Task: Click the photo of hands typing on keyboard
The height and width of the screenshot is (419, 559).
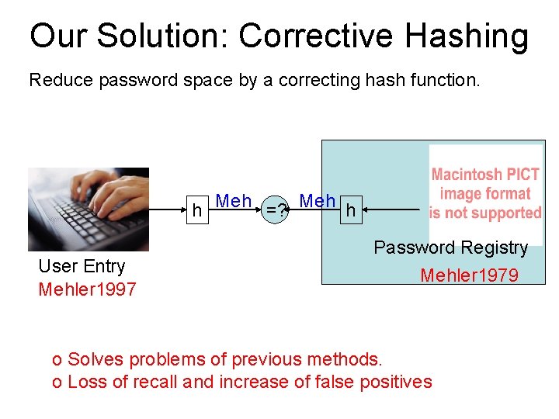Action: click(x=89, y=209)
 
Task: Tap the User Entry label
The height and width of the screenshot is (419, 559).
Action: click(x=82, y=266)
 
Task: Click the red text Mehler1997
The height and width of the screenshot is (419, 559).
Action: click(x=87, y=290)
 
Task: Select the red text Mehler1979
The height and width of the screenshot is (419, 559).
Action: click(x=469, y=275)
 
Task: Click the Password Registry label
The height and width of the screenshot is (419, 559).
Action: click(x=450, y=248)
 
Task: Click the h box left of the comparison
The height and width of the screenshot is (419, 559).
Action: click(x=198, y=209)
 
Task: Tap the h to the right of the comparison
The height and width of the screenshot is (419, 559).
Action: click(x=351, y=209)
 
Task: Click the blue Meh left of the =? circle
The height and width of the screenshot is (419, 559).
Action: click(x=234, y=201)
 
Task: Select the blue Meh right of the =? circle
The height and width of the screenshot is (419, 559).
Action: click(x=318, y=201)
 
